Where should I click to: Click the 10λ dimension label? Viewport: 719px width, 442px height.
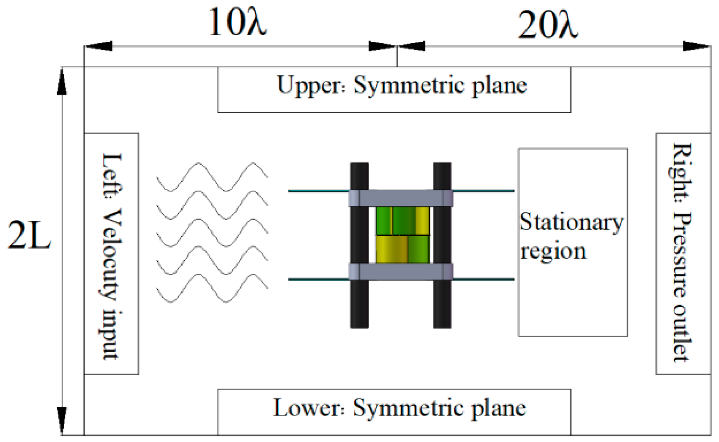pyautogui.click(x=238, y=22)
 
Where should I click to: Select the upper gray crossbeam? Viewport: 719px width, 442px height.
pyautogui.click(x=401, y=198)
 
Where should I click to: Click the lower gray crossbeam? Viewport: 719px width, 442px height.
pyautogui.click(x=401, y=272)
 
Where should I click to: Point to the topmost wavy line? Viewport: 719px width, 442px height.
pyautogui.click(x=212, y=177)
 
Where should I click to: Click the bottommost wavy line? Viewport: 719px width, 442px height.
pyautogui.click(x=212, y=288)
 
